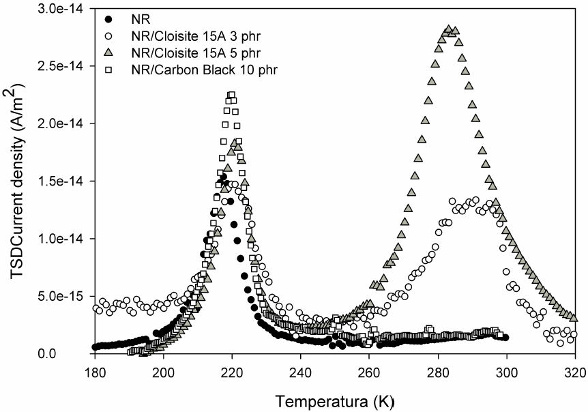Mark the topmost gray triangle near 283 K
(449, 29)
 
